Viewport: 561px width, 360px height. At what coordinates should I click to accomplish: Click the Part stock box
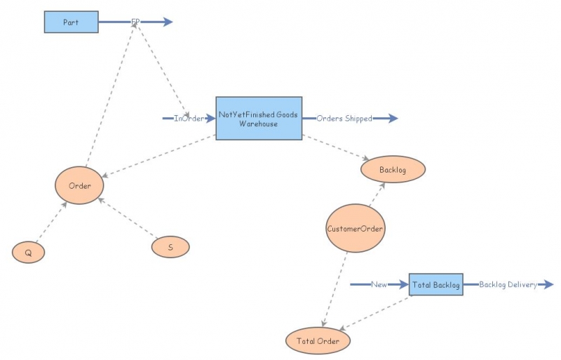pos(71,22)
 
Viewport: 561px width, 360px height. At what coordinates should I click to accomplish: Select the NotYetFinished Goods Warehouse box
pos(259,118)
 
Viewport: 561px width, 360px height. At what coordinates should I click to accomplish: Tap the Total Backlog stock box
pos(435,284)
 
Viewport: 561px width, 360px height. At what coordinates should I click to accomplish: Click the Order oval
pos(80,186)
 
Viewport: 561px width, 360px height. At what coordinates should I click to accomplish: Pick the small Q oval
pos(29,252)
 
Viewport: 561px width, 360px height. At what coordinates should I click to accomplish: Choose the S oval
pos(170,246)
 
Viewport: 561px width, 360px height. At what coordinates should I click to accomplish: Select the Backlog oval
pos(393,169)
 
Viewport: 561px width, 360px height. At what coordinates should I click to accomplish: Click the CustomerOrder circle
pos(356,228)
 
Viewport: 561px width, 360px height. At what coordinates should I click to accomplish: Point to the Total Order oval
pos(318,341)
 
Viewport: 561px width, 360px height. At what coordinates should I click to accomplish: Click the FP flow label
pos(135,22)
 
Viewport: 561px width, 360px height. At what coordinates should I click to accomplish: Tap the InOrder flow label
pos(189,119)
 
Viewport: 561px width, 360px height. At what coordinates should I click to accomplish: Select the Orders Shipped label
pos(344,119)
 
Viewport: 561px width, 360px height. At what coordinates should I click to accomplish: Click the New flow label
pos(379,284)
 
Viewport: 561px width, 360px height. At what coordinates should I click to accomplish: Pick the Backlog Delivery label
pos(508,284)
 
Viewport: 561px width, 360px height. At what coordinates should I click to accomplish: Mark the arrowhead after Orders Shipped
pos(391,119)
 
